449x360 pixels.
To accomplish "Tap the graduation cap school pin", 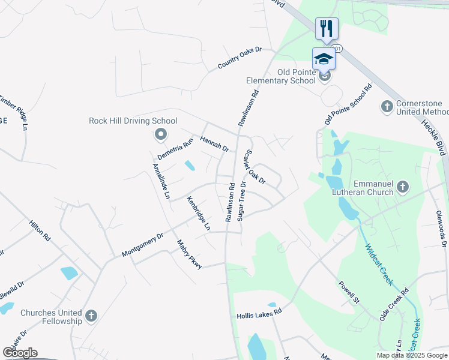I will coord(324,59).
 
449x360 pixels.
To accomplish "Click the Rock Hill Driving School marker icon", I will coord(160,135).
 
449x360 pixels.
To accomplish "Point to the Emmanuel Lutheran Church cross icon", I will coord(403,188).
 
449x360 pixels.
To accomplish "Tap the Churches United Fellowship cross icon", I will coord(91,315).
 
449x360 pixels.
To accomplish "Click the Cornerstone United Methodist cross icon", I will coord(387,107).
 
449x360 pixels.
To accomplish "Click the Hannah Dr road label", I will coord(215,143).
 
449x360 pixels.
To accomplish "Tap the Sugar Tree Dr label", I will coord(242,201).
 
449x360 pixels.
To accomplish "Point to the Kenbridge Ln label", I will coord(198,213).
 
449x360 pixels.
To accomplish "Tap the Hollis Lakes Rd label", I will coord(259,314).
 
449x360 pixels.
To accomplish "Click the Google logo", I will coord(20,353).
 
